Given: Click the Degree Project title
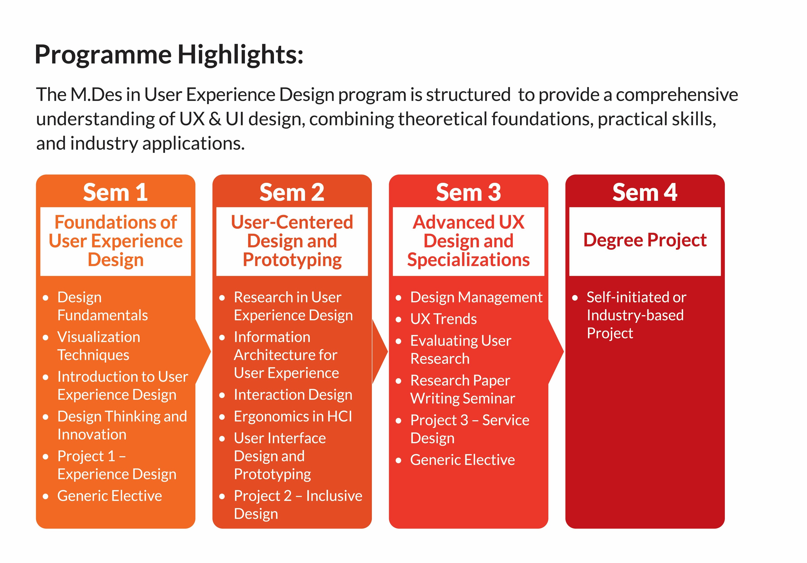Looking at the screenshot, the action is pos(645,240).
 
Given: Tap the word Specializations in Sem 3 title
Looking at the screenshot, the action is pos(468,260).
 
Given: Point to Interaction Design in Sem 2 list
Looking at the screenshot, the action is pos(293,395).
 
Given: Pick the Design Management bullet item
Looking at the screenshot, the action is pos(476,297).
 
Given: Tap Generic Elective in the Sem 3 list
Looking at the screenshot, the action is pos(463,460).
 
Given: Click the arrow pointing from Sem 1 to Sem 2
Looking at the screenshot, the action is pos(203,351).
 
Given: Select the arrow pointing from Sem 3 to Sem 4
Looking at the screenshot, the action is pos(556,351).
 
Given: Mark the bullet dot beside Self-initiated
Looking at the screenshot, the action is pos(575,298).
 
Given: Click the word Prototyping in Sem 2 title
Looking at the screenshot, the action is pos(292,260).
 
